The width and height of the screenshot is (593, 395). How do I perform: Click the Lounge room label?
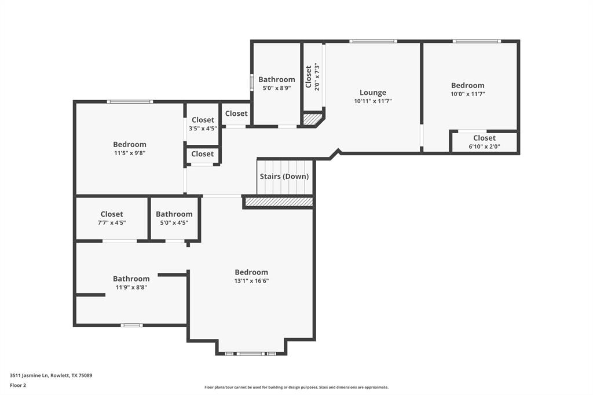coord(372,93)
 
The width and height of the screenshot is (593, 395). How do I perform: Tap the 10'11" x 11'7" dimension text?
coord(372,101)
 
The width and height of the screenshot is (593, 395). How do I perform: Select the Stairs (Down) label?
coord(284,176)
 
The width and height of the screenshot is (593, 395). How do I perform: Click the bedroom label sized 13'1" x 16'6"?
coord(251,272)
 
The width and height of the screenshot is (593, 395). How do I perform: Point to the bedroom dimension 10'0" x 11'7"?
coord(467,93)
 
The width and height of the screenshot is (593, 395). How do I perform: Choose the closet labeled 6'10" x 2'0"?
coord(484,142)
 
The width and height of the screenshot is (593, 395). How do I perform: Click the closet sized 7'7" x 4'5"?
coord(112,218)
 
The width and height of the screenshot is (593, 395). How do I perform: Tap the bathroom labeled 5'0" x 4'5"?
coord(174,218)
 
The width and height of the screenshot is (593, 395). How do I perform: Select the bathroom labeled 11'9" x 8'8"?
coord(131,283)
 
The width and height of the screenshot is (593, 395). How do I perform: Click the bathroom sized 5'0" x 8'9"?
coord(276,83)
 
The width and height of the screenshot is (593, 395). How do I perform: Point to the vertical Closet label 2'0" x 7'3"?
coord(312,77)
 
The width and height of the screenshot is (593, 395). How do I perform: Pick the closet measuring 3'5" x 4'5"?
coord(203,124)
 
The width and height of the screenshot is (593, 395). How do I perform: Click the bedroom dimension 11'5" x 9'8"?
coord(129,153)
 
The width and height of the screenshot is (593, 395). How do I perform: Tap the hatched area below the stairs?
coord(279,202)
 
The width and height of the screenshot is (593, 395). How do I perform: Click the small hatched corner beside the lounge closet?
coord(312,119)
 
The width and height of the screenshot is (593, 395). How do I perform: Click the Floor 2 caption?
coord(18,385)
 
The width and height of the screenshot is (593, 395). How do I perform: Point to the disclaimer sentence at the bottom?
coord(296,387)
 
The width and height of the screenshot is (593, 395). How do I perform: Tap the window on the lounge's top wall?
coord(373,41)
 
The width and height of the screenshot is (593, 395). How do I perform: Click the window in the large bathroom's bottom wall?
coord(131,325)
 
